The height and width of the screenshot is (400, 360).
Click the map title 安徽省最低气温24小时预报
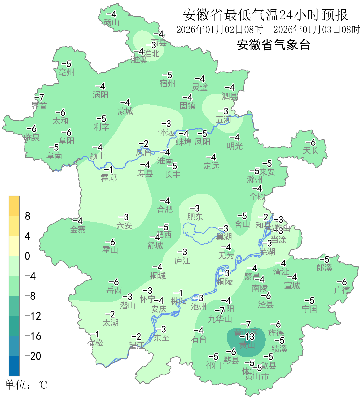click(x=265, y=15)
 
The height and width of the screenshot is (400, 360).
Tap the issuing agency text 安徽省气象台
click(x=273, y=44)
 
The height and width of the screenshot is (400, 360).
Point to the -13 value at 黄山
click(x=247, y=337)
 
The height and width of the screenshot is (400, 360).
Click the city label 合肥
click(x=165, y=209)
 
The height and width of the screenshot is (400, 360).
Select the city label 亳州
click(x=66, y=72)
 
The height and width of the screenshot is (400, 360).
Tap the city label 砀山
click(x=111, y=22)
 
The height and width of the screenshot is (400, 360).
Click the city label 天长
click(x=311, y=150)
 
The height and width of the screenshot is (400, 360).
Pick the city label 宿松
click(x=95, y=342)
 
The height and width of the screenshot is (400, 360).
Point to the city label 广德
click(x=342, y=290)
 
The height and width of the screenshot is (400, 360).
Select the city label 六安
click(x=124, y=225)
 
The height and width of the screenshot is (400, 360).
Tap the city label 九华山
click(x=220, y=319)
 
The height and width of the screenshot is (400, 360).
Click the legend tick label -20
click(x=33, y=356)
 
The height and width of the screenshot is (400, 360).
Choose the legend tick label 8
click(x=28, y=216)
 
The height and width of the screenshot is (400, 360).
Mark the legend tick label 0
click(x=27, y=256)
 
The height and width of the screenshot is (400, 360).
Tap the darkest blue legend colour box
click(x=14, y=366)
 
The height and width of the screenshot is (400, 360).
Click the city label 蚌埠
click(x=184, y=142)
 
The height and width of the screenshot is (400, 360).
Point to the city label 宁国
click(x=310, y=309)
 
